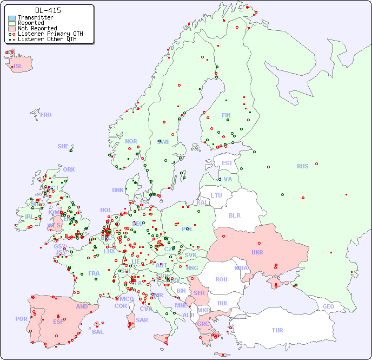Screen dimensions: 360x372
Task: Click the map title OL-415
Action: [48, 10]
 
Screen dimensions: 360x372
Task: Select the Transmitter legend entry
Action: [36, 18]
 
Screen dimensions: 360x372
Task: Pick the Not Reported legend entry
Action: [37, 29]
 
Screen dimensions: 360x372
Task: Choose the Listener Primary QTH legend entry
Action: [50, 34]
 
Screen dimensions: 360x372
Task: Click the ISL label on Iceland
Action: [18, 67]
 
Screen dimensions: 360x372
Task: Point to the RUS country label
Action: [302, 166]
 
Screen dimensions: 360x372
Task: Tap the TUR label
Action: [277, 330]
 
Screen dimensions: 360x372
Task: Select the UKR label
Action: [257, 252]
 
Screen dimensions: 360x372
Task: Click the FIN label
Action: [226, 115]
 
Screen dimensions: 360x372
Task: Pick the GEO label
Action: [328, 306]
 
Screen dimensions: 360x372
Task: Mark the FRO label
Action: [46, 115]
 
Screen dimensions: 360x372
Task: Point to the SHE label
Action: [63, 146]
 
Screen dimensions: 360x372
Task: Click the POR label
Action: [21, 319]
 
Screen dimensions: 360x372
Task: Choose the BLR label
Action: [234, 215]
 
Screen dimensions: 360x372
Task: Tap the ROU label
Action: [221, 279]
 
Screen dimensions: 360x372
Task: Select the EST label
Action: [227, 163]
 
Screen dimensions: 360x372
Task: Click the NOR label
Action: [131, 141]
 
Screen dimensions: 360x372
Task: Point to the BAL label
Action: [98, 332]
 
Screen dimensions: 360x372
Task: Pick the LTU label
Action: [216, 195]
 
